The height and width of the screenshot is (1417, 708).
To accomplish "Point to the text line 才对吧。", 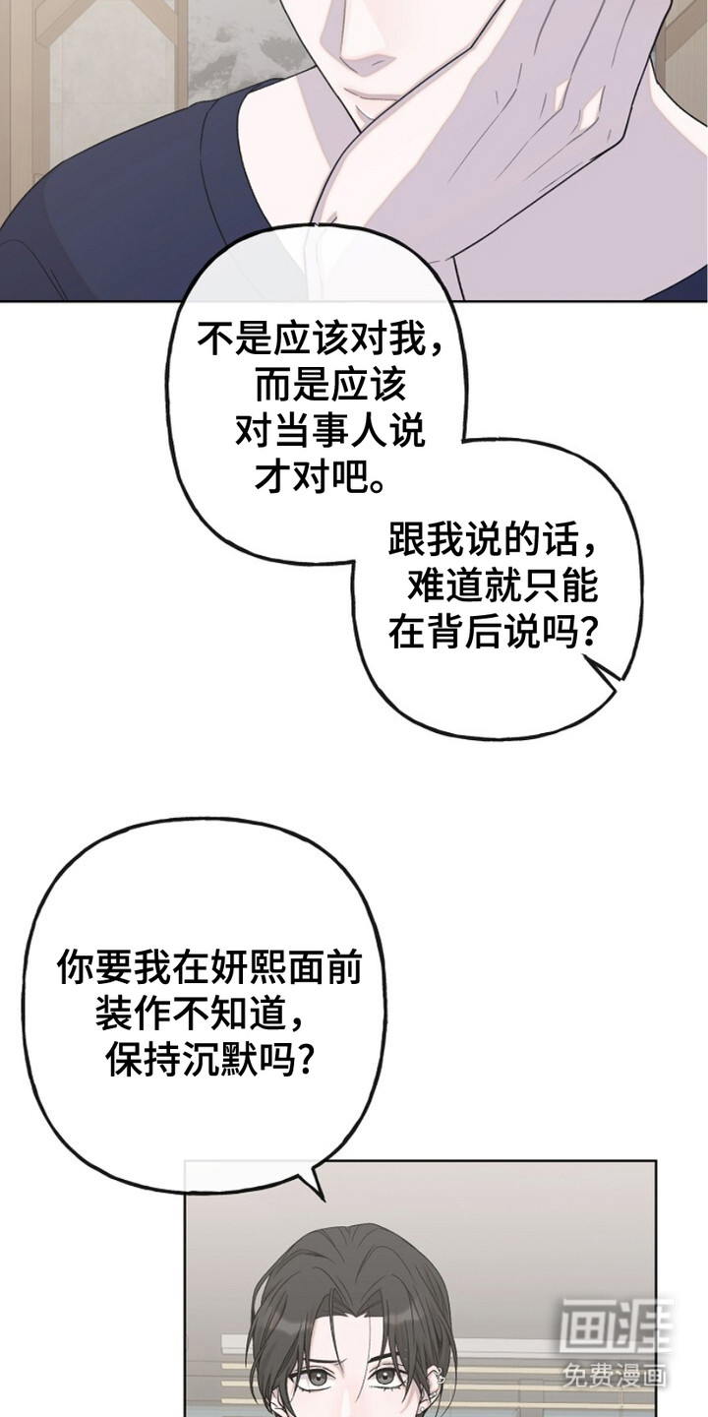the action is click(321, 477).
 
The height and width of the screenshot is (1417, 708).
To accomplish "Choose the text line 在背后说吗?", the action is click(493, 633).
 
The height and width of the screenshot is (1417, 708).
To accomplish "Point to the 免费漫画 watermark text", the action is click(615, 1372).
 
